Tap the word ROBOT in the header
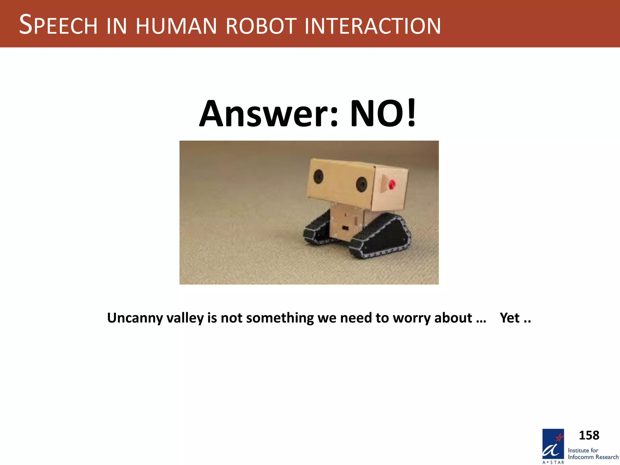click(x=260, y=26)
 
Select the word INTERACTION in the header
click(x=372, y=26)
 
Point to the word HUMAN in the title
click(x=176, y=26)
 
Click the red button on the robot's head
click(x=392, y=184)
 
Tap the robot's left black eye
click(x=318, y=176)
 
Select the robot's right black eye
click(x=361, y=184)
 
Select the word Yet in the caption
click(x=510, y=318)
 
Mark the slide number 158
click(x=589, y=435)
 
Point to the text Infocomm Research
click(x=593, y=457)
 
